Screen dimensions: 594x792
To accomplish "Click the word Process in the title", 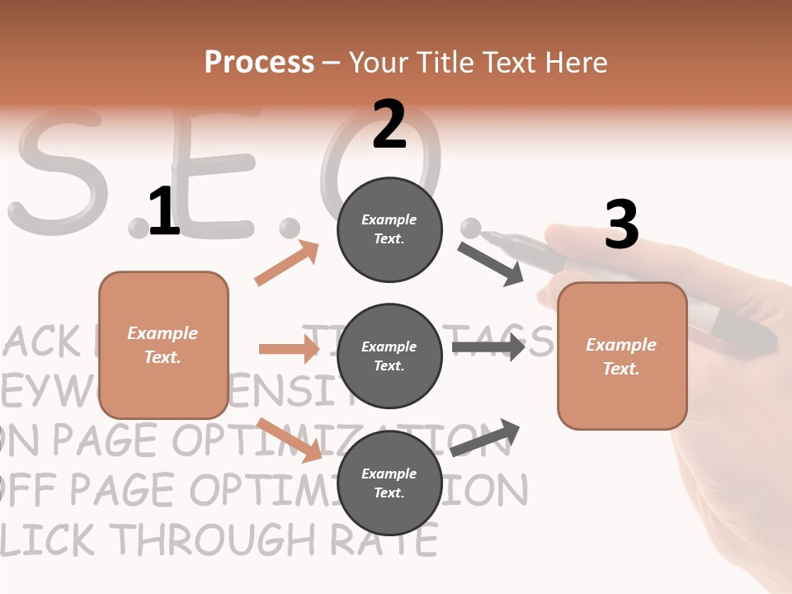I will pos(259,62).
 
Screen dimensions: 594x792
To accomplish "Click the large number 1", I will pos(163,211).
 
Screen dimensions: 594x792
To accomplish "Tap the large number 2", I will pos(389,124).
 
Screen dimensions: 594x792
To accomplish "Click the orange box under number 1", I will pos(163,345).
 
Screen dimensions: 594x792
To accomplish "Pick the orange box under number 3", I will pos(622,356).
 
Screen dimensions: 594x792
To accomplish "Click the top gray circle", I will pos(389,229).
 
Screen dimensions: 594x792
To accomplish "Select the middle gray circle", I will pos(389,356).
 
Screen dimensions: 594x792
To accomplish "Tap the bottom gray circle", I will pos(389,483).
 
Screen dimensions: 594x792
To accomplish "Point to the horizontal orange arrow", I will pos(289,349).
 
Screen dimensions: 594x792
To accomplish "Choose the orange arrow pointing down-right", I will pos(290,440).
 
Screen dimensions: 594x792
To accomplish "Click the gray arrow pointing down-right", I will pos(491,263).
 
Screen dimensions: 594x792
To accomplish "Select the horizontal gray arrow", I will pos(488,346).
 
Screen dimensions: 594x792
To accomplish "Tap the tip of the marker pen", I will pos(487,236).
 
